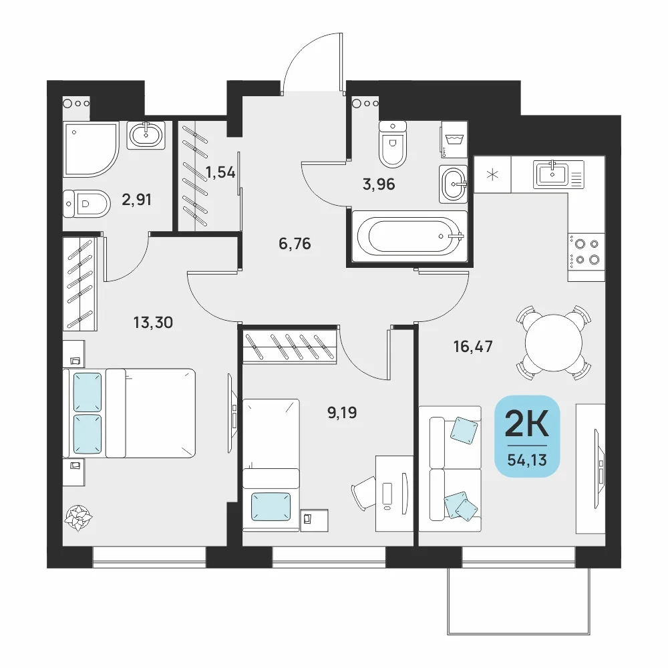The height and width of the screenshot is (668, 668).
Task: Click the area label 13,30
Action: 153,323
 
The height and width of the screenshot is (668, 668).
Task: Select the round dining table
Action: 553,343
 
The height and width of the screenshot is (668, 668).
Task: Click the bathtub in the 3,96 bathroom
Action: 410,236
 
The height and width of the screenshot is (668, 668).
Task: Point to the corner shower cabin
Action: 90,149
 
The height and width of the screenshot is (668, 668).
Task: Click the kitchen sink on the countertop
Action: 552,174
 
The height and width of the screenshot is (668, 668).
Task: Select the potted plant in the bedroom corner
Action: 78,518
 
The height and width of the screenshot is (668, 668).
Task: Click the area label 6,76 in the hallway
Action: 295,244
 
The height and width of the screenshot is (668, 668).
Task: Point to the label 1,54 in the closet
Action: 220,172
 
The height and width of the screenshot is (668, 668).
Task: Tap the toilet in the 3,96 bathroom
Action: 392,144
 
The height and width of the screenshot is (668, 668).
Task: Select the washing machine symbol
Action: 454,140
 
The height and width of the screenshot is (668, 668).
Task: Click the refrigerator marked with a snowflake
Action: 492,174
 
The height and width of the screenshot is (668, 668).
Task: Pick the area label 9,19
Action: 342,412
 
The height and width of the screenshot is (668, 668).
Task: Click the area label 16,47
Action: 473,346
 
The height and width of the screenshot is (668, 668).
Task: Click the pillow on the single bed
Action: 271,507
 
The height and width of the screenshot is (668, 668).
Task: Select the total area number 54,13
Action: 527,460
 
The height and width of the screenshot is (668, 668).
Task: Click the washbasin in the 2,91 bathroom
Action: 146,135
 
